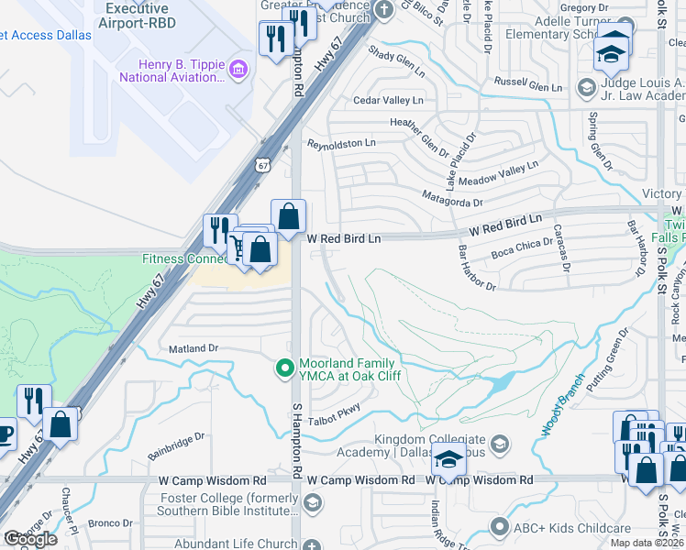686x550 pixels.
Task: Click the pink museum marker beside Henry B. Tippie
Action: [238, 70]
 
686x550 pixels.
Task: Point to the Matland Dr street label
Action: [194, 348]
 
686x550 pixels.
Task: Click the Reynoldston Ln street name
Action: [341, 144]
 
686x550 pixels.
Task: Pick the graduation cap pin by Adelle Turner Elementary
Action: [612, 52]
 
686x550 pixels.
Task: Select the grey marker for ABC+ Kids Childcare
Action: [499, 526]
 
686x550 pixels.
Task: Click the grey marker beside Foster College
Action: [313, 502]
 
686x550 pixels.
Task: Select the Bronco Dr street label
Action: [111, 523]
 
